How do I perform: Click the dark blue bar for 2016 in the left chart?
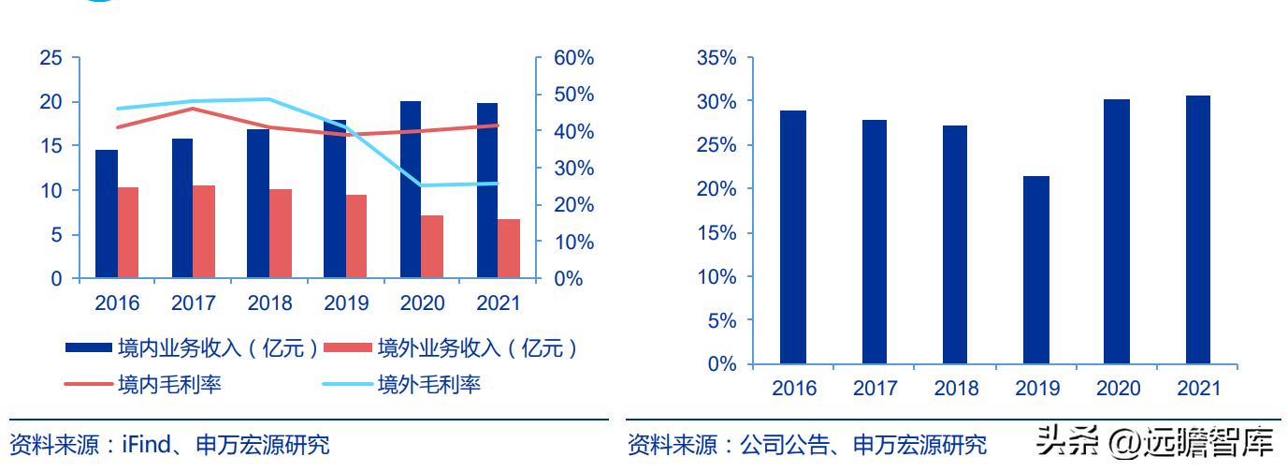[x=107, y=214]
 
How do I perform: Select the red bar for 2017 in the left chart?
[x=204, y=232]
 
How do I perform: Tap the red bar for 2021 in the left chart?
[x=509, y=249]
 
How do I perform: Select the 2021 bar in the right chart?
[x=1197, y=229]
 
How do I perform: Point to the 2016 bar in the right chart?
[x=793, y=237]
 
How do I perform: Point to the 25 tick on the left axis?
[x=52, y=58]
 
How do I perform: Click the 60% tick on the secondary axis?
[x=573, y=58]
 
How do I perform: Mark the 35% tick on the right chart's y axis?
[x=716, y=58]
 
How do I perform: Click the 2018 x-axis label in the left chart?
[x=269, y=303]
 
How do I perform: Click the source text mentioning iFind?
[x=169, y=444]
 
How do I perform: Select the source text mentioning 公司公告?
[x=806, y=444]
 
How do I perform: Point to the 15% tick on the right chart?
[x=716, y=233]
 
